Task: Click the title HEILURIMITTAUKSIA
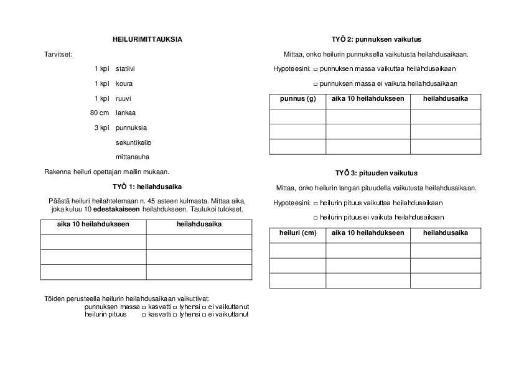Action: click(x=147, y=39)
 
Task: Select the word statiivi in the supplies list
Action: click(x=125, y=68)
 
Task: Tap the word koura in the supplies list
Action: click(x=124, y=83)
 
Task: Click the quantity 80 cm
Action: click(x=100, y=113)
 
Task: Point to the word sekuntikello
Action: click(x=133, y=142)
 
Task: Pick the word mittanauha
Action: click(x=133, y=157)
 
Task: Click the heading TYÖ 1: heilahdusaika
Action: click(x=147, y=186)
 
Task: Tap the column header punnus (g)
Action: click(x=297, y=99)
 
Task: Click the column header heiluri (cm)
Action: click(x=297, y=233)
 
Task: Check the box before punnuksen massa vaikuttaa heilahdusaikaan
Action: click(x=316, y=69)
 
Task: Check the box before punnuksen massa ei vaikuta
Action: click(x=316, y=84)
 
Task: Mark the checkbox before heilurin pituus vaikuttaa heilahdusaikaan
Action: click(x=316, y=203)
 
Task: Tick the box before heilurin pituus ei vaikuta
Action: click(x=316, y=218)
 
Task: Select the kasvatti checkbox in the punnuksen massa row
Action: click(x=144, y=307)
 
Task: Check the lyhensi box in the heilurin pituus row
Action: click(x=174, y=315)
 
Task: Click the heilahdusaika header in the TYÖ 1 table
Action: click(x=199, y=224)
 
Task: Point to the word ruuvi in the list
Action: click(x=124, y=98)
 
